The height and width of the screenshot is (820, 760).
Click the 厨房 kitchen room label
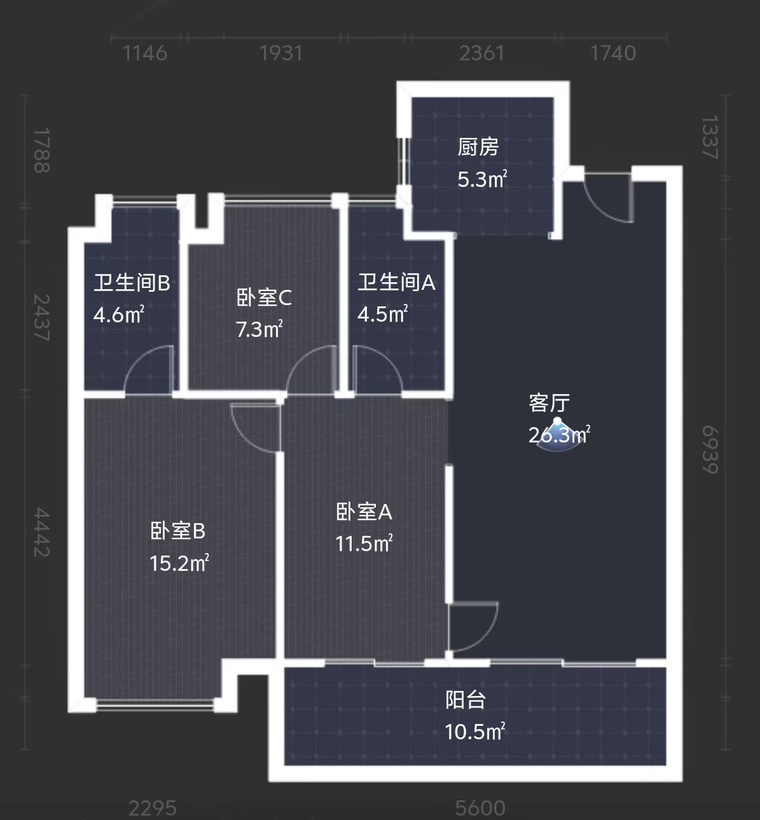point(478,147)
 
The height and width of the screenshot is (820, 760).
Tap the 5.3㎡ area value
point(481,180)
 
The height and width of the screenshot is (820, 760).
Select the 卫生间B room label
point(132,282)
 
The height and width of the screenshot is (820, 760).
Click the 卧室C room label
point(263,297)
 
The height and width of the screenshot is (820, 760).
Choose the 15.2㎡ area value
point(179,563)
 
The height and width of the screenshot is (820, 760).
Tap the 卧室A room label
point(364,512)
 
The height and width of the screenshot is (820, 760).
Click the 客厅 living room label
point(549,403)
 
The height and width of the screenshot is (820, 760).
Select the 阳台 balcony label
point(466,700)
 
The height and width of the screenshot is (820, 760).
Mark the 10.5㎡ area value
point(474,732)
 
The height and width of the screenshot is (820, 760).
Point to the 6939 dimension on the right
point(710,449)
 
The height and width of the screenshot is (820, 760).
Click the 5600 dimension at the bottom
point(480,809)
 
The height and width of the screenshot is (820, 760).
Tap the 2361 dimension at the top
point(481,53)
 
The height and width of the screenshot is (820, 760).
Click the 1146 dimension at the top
point(145,53)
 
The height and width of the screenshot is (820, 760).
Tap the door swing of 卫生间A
point(377,369)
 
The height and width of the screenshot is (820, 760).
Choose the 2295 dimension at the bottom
point(153,809)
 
